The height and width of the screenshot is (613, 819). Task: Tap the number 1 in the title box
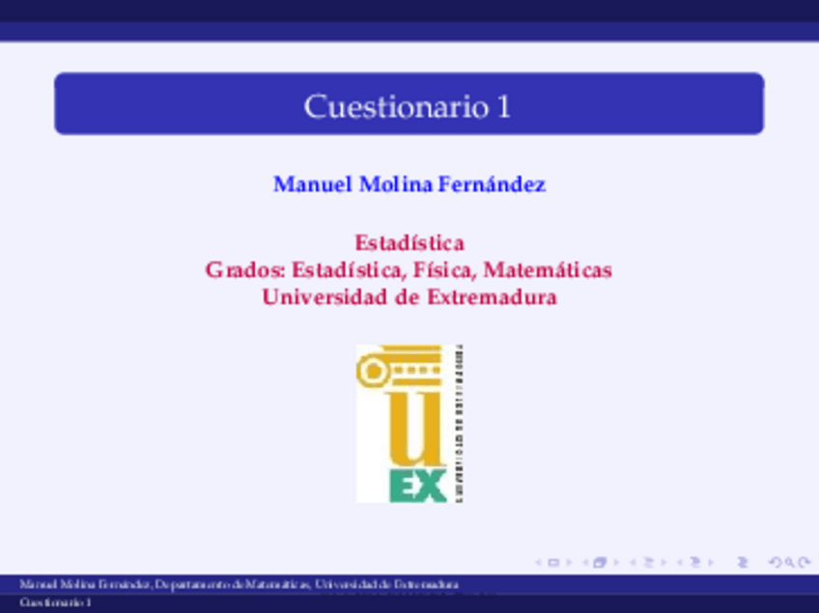(x=504, y=106)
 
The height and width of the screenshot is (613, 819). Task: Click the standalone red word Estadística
(x=409, y=242)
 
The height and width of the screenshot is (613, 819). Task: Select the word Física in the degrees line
(x=447, y=270)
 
